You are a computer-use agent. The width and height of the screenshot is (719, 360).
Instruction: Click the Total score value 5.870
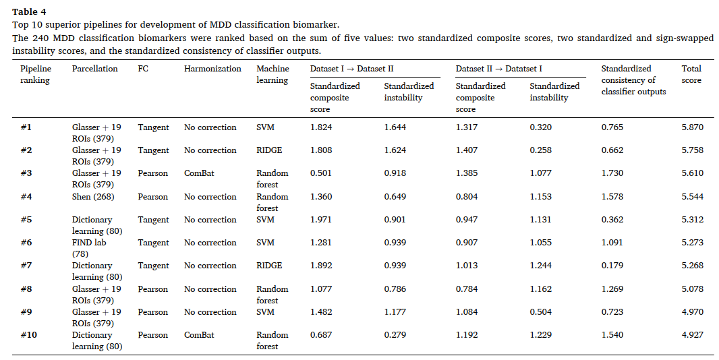pyautogui.click(x=692, y=127)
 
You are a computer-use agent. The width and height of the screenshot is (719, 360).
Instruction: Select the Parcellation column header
pyautogui.click(x=95, y=69)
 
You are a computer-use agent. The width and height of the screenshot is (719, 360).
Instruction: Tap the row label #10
pyautogui.click(x=28, y=335)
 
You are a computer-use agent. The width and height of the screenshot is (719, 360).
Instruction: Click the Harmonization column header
pyautogui.click(x=212, y=69)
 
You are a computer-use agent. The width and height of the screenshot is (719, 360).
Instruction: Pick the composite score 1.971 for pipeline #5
pyautogui.click(x=320, y=220)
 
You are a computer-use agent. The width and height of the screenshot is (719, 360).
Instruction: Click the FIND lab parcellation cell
pyautogui.click(x=89, y=248)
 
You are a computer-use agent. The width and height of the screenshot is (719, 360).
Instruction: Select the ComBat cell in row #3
pyautogui.click(x=199, y=173)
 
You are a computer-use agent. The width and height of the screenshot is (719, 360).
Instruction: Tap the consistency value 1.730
pyautogui.click(x=612, y=173)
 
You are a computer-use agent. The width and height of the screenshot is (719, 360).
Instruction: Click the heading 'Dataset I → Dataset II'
pyautogui.click(x=351, y=69)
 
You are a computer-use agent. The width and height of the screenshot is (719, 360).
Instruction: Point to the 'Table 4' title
pyautogui.click(x=29, y=12)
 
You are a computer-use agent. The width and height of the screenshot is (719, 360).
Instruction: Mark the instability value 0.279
pyautogui.click(x=395, y=335)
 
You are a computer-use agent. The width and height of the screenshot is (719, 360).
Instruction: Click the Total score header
pyautogui.click(x=691, y=74)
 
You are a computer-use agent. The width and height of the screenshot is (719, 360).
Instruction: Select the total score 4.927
pyautogui.click(x=692, y=335)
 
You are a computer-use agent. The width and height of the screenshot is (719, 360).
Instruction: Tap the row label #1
pyautogui.click(x=26, y=127)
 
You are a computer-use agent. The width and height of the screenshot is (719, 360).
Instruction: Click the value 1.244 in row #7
pyautogui.click(x=541, y=266)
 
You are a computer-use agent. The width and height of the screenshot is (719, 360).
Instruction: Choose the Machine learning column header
pyautogui.click(x=273, y=74)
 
